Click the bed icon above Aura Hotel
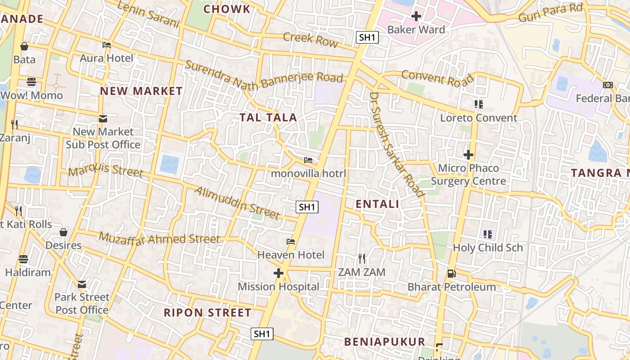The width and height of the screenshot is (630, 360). point(107,45)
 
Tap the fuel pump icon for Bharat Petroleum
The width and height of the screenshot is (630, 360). point(451,273)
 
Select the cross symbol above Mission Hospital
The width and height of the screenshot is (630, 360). point(279,273)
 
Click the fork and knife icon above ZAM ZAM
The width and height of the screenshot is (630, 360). point(362,258)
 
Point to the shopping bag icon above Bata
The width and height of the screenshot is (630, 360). point(24,46)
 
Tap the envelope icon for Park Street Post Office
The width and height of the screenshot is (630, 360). point(81,284)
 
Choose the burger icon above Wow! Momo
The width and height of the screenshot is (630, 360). point(31,82)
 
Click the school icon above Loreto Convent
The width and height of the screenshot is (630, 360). point(478,104)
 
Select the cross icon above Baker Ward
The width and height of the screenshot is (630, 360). point(416,17)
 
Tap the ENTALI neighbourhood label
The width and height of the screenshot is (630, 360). point(377,204)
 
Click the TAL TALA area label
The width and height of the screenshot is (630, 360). point(268,118)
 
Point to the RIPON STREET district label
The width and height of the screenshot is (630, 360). point(207,313)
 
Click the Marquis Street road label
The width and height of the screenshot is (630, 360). point(106,171)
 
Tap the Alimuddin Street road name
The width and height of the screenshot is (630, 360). point(237,203)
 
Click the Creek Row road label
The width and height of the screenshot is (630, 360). point(310,39)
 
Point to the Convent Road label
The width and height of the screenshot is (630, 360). point(437,78)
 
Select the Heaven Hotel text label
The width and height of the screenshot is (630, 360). point(291,255)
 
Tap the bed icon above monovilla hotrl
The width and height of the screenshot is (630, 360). point(308,160)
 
